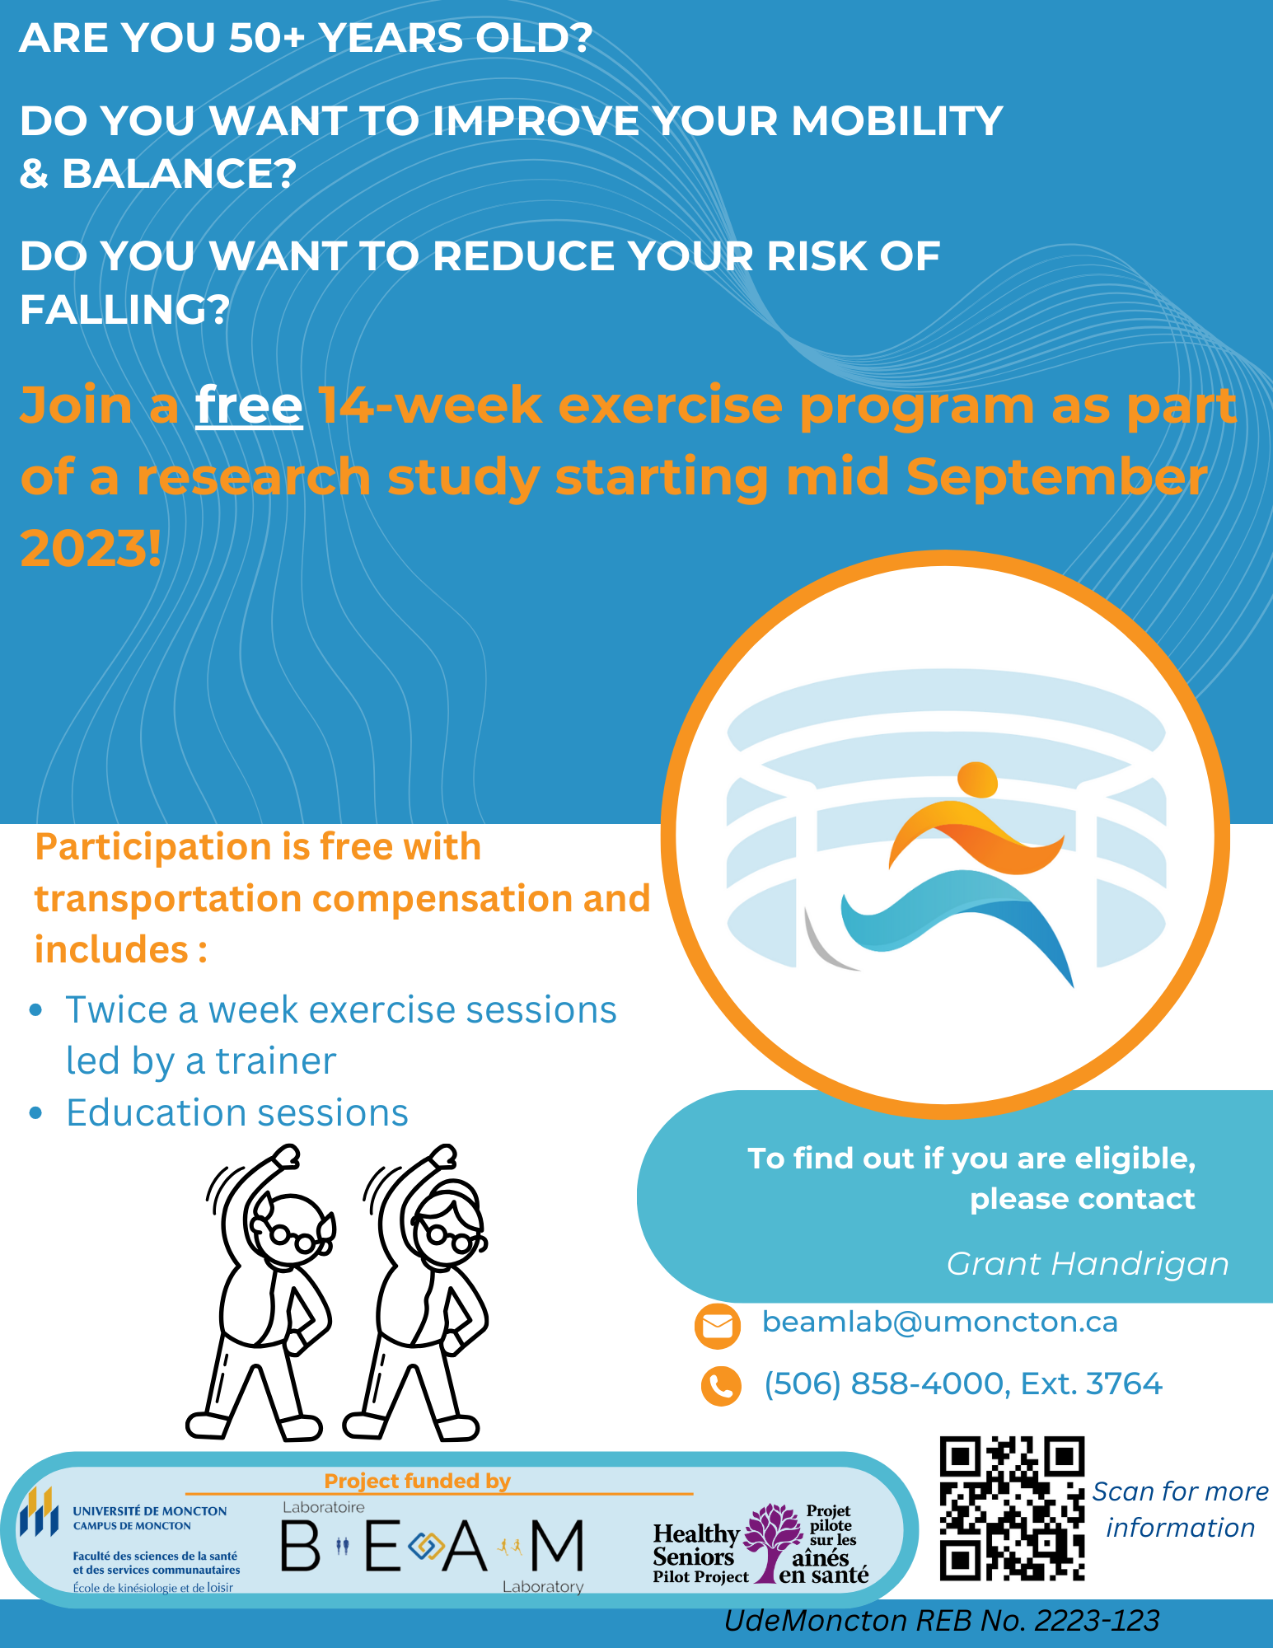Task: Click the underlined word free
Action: tap(249, 406)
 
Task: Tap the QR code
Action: tap(1012, 1509)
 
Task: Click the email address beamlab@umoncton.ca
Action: tap(940, 1322)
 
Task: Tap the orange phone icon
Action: tap(721, 1386)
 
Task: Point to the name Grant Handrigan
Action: tap(1088, 1264)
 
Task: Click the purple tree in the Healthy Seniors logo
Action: tap(773, 1541)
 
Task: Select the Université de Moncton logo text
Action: tap(150, 1518)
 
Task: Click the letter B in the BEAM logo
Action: tap(300, 1546)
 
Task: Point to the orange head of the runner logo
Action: tap(978, 780)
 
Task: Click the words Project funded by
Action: tap(418, 1481)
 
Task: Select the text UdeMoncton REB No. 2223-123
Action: tap(942, 1621)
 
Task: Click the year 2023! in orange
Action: tap(91, 549)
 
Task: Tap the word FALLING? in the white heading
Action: tap(124, 310)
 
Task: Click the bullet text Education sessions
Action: tap(237, 1113)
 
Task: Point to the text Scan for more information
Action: tap(1181, 1510)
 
